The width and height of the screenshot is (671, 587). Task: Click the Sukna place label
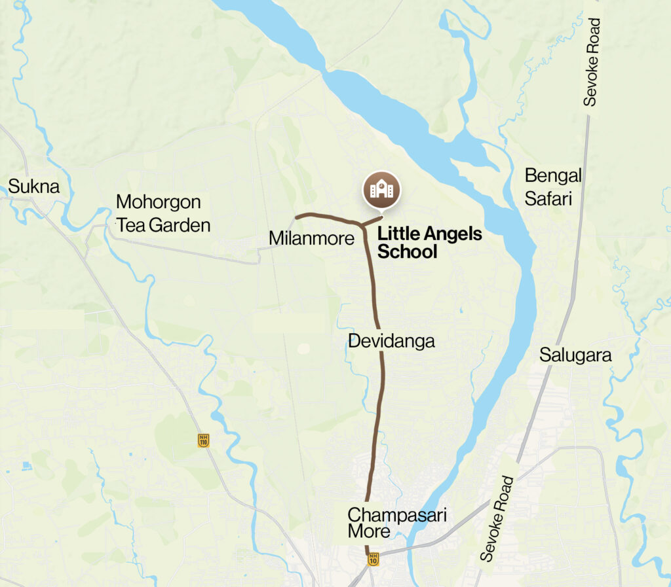(x=33, y=187)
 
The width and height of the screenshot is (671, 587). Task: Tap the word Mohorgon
(x=158, y=202)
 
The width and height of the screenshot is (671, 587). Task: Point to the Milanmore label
(x=311, y=239)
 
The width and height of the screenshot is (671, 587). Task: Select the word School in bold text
(x=407, y=251)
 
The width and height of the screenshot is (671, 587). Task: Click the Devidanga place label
(x=391, y=341)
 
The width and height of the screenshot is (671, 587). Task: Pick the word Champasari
(x=396, y=514)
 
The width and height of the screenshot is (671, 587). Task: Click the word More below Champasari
(x=369, y=531)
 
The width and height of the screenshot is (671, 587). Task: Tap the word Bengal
(x=553, y=176)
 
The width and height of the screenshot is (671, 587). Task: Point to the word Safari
(x=549, y=198)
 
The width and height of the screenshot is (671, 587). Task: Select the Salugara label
(x=575, y=355)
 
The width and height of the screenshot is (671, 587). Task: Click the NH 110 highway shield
(x=204, y=440)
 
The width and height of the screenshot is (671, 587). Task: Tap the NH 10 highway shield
(x=373, y=559)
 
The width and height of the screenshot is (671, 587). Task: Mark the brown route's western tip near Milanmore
(x=297, y=216)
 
